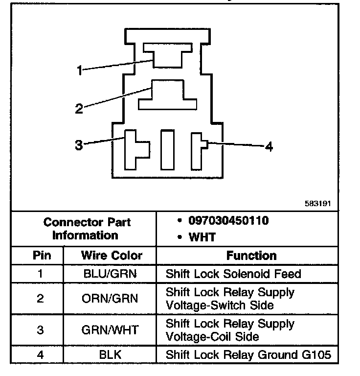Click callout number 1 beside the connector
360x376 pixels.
click(x=80, y=70)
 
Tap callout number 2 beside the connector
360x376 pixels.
click(x=79, y=109)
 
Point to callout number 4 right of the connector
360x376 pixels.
click(x=269, y=146)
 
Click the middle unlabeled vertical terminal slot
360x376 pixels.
click(x=167, y=149)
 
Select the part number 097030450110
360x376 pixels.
click(x=228, y=221)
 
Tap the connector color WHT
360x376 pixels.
click(x=202, y=237)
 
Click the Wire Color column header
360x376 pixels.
click(x=112, y=255)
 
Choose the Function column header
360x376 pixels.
click(x=251, y=255)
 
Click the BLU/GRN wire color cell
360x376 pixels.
click(x=110, y=274)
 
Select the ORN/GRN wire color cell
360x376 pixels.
click(x=110, y=298)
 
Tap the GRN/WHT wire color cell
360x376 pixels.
click(x=110, y=330)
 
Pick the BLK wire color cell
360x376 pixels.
click(x=110, y=354)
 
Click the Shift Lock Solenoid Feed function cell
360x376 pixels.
click(x=233, y=274)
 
